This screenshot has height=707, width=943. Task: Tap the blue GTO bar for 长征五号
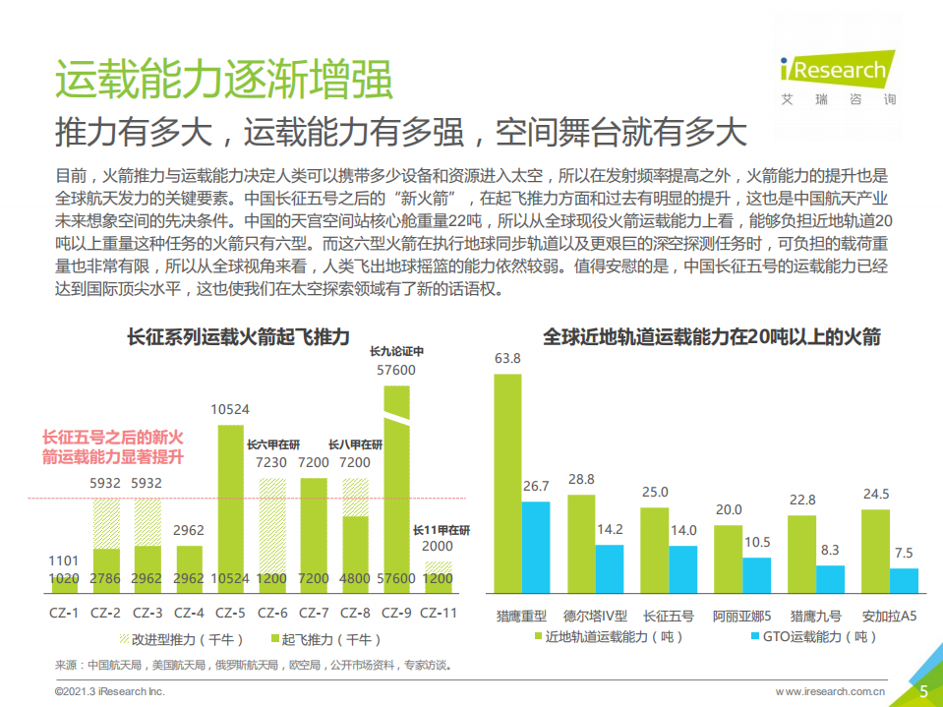(x=682, y=569)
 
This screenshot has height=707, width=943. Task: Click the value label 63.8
(x=507, y=358)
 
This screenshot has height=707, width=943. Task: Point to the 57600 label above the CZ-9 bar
(x=396, y=371)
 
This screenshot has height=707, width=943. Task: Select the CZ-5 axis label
(x=230, y=612)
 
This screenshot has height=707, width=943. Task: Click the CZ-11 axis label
(x=438, y=612)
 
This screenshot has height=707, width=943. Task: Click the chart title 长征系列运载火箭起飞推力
(x=238, y=337)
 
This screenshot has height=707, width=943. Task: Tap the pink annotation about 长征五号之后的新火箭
(x=113, y=446)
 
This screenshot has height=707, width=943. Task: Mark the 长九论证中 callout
(x=396, y=351)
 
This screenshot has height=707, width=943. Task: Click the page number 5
(x=923, y=691)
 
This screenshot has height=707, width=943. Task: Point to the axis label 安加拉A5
(x=889, y=617)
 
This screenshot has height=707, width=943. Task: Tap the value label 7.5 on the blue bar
(x=904, y=553)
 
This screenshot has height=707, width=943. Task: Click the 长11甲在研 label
(x=441, y=530)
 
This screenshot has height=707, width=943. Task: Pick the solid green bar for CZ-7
(x=314, y=536)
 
